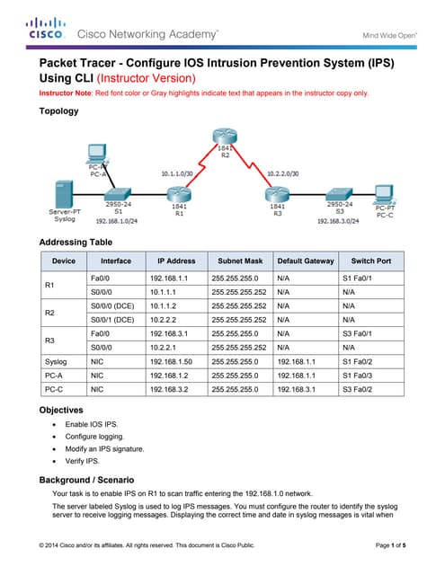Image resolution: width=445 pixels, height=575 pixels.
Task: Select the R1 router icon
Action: tap(179, 191)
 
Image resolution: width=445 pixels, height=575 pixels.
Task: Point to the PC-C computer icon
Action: tap(384, 192)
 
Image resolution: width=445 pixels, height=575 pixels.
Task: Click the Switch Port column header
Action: tap(370, 261)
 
